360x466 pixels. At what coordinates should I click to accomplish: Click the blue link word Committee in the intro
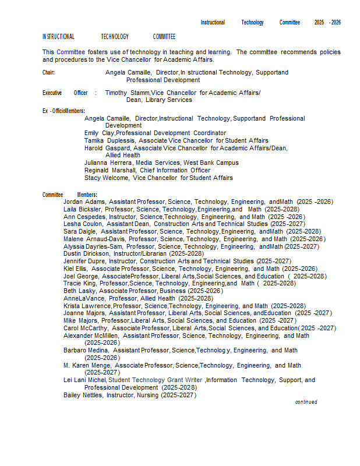(70, 52)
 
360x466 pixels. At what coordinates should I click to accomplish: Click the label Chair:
(48, 73)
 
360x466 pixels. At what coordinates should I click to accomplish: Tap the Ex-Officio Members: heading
(63, 111)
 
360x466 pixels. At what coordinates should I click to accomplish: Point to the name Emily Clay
(99, 133)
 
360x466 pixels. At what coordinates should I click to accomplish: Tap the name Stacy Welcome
(107, 178)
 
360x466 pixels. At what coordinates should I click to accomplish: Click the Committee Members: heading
(69, 195)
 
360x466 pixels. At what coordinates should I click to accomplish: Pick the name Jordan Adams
(84, 202)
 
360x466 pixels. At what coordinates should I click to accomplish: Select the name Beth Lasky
(80, 291)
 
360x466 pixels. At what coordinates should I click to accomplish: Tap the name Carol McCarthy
(86, 329)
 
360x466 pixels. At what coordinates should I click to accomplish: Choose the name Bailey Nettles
(83, 396)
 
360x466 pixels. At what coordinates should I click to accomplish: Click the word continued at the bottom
(306, 402)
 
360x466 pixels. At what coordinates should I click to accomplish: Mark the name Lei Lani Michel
(84, 380)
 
